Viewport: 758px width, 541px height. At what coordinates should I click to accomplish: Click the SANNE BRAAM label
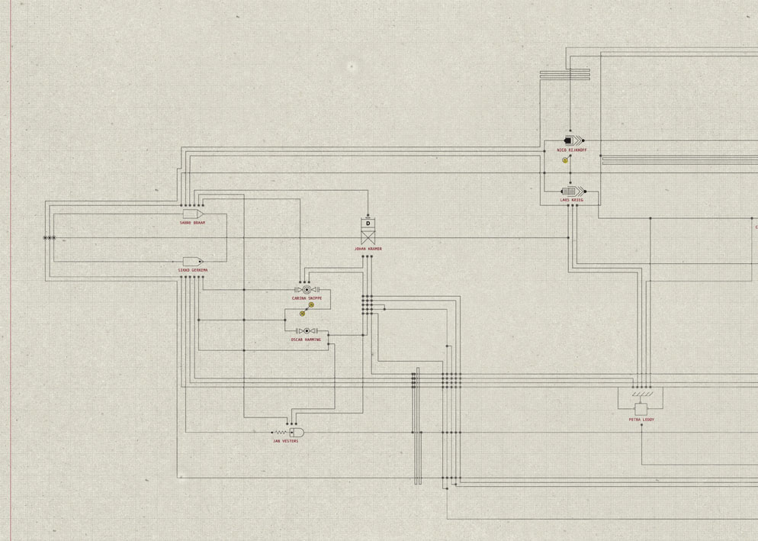(192, 223)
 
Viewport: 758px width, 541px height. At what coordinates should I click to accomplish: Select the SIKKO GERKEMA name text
(192, 270)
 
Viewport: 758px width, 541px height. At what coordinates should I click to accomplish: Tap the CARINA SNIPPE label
(307, 298)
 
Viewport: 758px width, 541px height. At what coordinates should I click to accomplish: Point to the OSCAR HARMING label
(306, 340)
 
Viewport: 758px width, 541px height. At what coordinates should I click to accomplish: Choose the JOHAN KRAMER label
(368, 249)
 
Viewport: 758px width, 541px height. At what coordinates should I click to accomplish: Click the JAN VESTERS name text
(286, 441)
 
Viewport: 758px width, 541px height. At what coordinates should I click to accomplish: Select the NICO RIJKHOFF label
(572, 150)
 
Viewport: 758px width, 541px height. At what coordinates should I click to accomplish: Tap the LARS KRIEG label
(571, 200)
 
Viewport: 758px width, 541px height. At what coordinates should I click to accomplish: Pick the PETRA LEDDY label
(641, 420)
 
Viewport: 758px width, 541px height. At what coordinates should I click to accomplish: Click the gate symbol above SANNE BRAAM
(192, 214)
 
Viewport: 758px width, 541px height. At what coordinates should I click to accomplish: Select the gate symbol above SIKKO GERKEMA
(192, 262)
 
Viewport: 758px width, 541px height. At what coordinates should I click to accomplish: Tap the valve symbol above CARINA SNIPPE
(307, 290)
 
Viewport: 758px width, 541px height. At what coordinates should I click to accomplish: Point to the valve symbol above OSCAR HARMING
(307, 331)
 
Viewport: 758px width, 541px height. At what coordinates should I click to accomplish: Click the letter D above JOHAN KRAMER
(368, 224)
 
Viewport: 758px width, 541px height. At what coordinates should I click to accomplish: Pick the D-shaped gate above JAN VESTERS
(297, 433)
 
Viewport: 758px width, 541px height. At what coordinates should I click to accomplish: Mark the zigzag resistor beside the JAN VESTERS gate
(281, 433)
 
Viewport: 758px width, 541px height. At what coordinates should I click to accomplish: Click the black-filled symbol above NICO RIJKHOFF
(569, 140)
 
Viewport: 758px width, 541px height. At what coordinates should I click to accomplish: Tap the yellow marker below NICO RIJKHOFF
(565, 160)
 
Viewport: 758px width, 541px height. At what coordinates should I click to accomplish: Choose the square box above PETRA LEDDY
(641, 409)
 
